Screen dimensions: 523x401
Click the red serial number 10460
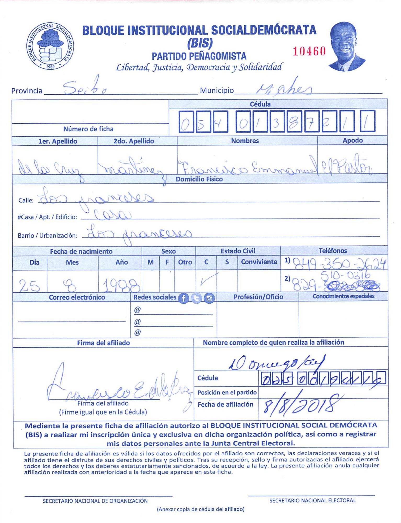tap(309, 51)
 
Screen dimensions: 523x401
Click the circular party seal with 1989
tap(50, 46)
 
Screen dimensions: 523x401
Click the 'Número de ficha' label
tap(88, 129)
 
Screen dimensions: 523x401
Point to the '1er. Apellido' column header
tap(58, 141)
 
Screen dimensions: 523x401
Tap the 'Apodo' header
tap(352, 140)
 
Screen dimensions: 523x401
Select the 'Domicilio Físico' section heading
tap(199, 179)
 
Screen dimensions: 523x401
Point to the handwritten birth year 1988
tap(120, 285)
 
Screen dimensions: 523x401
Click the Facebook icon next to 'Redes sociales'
tap(183, 298)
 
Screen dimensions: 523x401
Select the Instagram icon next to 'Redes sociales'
tap(209, 298)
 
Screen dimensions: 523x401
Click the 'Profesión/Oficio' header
tap(258, 297)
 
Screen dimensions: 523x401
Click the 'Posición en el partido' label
tap(227, 393)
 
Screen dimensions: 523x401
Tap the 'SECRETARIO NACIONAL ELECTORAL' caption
tap(312, 501)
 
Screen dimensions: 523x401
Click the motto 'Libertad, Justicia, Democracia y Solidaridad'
tap(199, 67)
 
